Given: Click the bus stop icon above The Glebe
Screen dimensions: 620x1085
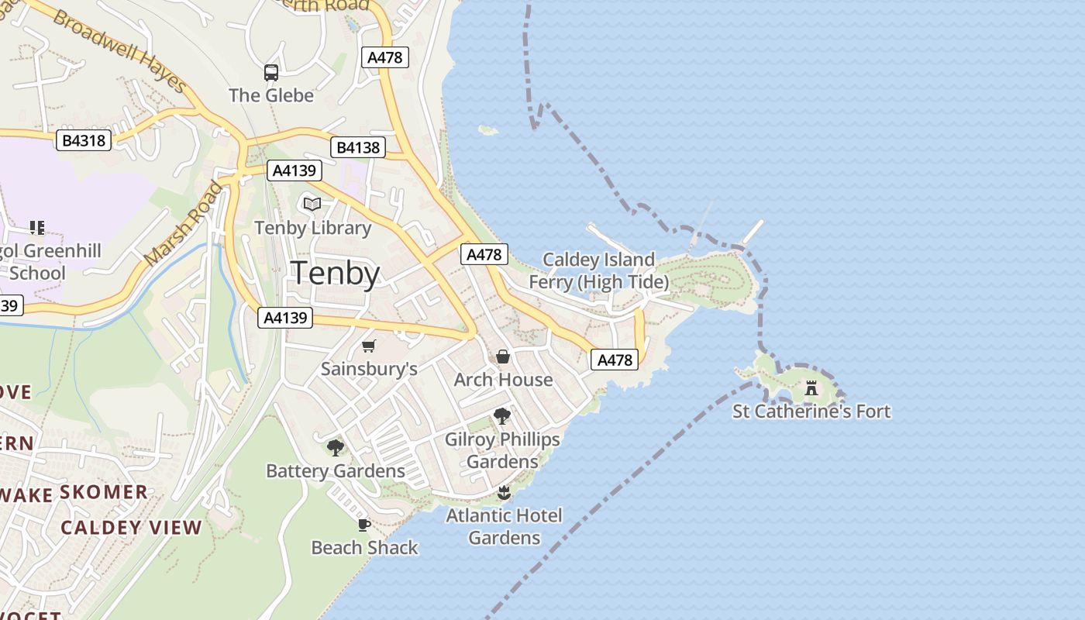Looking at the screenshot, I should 270,73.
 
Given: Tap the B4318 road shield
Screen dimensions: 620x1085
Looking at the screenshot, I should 84,140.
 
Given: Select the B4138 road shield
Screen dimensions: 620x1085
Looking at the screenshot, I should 357,147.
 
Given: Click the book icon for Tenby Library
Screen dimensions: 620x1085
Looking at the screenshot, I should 312,204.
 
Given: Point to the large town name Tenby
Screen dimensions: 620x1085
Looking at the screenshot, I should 335,274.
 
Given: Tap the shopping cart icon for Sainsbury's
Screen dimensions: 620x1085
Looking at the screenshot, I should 369,346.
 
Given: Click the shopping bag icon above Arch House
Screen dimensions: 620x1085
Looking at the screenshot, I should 503,356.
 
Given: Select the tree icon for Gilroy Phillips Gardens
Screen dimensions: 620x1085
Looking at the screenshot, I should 502,416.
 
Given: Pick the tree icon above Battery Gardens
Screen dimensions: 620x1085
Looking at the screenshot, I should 336,447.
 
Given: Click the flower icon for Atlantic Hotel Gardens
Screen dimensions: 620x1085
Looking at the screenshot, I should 504,492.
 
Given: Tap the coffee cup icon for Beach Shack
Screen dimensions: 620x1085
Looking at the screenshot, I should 364,525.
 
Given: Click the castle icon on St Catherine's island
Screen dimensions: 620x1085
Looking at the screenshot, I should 811,387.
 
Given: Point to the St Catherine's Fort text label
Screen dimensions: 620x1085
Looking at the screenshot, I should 811,411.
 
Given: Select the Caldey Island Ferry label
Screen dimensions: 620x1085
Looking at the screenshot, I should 598,270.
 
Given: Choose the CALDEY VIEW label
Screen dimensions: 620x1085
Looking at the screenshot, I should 131,528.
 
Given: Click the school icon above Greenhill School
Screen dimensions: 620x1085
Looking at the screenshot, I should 37,228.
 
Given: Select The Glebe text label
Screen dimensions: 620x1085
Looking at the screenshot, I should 271,95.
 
